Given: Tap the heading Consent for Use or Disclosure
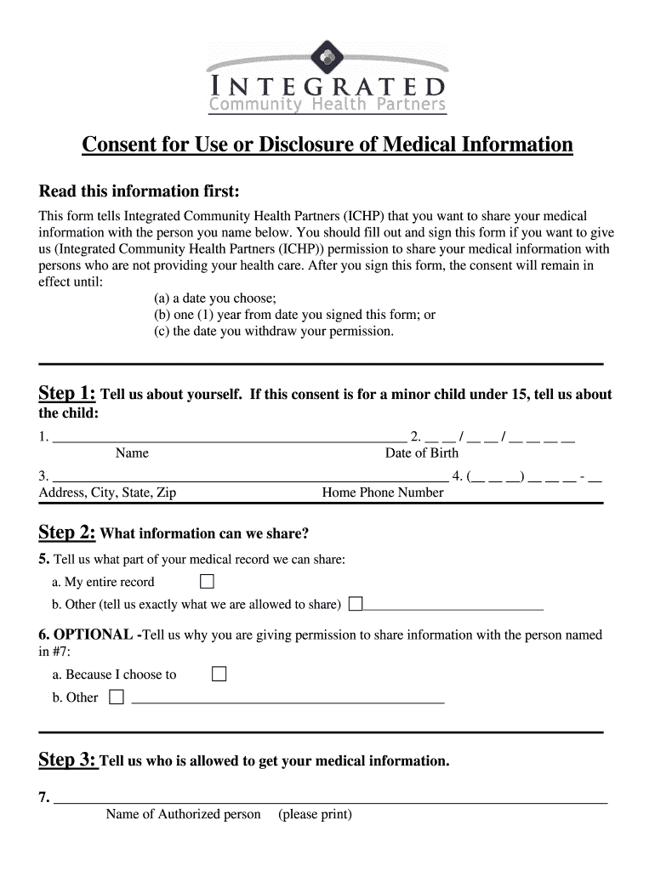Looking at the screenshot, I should click(x=327, y=145).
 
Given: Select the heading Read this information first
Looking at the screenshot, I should click(x=140, y=189).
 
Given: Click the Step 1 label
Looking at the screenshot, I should click(x=67, y=393).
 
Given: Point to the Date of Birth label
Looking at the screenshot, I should click(x=421, y=453).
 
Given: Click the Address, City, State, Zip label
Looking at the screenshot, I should click(x=107, y=492).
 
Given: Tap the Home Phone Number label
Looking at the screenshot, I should click(x=383, y=492).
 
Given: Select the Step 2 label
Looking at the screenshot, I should click(x=67, y=532).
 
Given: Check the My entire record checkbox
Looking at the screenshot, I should click(x=207, y=582).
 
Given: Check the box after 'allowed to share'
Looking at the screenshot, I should click(x=356, y=604).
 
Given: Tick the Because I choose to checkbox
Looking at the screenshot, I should click(x=219, y=675).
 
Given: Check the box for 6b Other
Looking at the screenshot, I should click(x=117, y=697).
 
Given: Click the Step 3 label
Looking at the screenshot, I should click(x=68, y=760).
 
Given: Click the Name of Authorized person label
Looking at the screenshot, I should click(x=183, y=814).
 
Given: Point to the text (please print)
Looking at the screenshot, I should click(x=315, y=814).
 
